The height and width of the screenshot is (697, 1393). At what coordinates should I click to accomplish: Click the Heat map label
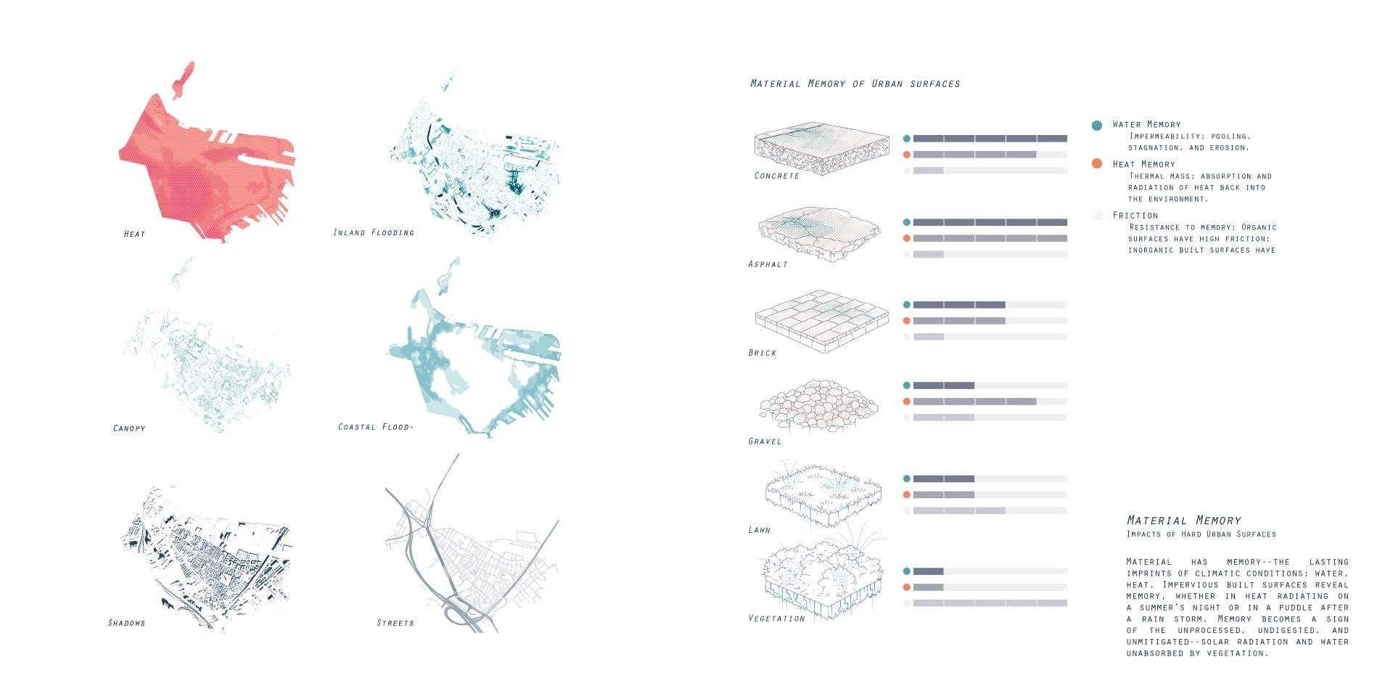(134, 234)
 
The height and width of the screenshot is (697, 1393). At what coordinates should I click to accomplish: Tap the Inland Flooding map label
(374, 232)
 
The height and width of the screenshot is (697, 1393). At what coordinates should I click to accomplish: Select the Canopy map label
(129, 428)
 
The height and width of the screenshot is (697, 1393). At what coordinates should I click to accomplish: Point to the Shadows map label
(126, 623)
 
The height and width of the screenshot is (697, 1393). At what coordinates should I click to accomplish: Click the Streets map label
(395, 623)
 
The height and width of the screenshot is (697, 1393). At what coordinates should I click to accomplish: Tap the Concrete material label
(777, 176)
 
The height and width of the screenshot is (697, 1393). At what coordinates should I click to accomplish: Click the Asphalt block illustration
(820, 233)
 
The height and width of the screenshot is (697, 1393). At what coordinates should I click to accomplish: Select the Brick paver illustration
(822, 322)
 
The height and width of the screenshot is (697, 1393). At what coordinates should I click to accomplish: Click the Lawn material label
(760, 530)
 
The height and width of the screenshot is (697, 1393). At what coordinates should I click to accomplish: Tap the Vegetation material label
(777, 619)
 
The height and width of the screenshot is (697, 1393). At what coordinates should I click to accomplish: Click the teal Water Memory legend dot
(1097, 126)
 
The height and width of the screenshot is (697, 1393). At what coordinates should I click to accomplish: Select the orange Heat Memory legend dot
(1097, 163)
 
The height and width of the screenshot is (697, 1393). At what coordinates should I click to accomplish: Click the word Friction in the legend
(1135, 216)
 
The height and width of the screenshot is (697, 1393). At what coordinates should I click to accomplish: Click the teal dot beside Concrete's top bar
(906, 139)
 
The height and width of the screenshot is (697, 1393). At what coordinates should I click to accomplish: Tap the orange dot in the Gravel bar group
(906, 402)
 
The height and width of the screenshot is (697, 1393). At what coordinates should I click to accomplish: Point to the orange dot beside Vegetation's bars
(906, 587)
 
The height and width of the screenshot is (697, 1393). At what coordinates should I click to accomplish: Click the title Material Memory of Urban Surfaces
(855, 83)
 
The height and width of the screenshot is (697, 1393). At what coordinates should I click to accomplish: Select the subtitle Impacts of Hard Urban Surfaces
(1201, 534)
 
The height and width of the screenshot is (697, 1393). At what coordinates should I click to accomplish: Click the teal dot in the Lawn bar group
(906, 478)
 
